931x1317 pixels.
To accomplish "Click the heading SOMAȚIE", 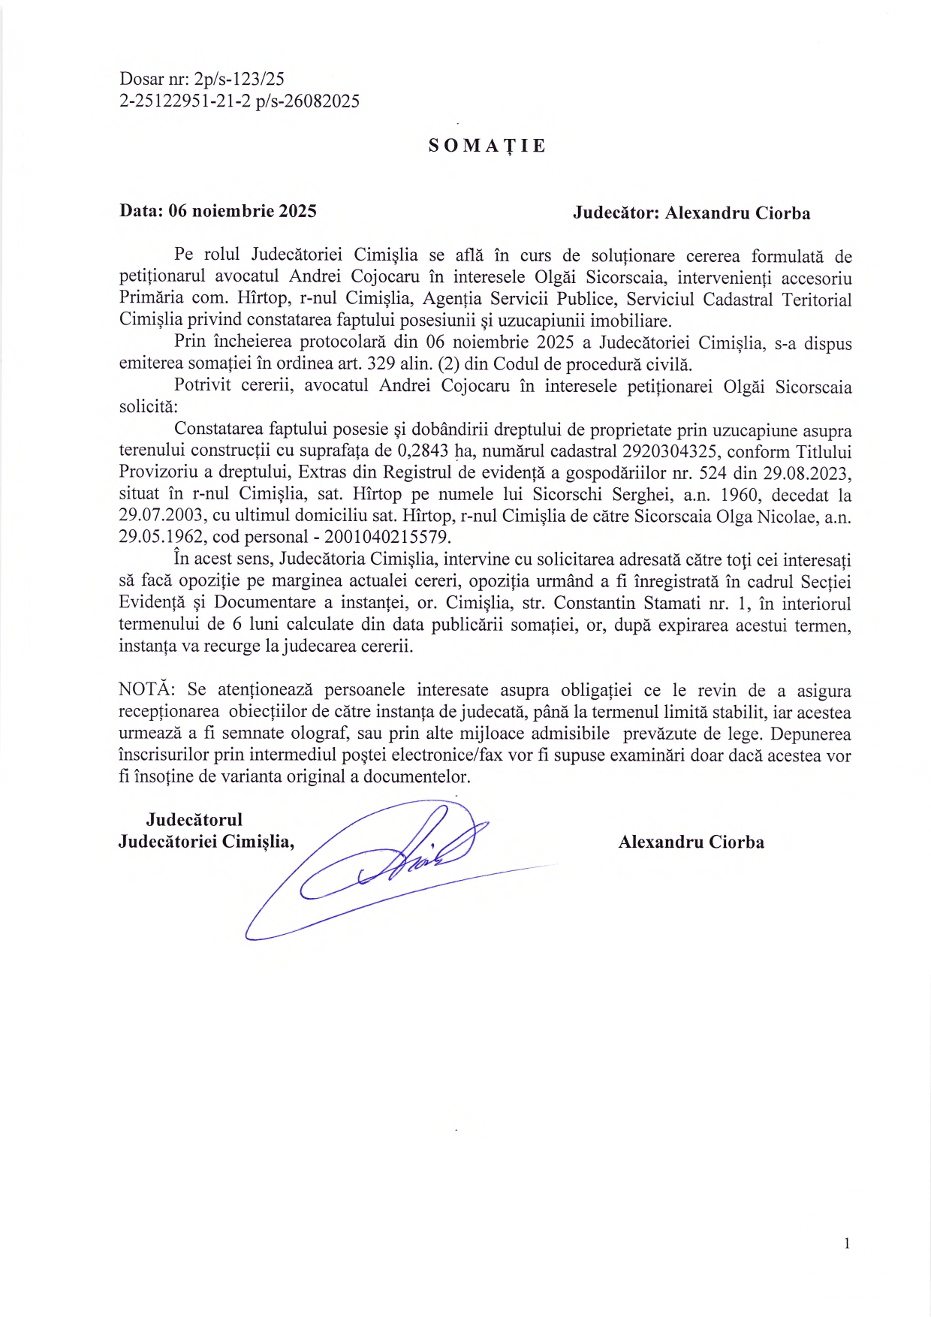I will tap(487, 146).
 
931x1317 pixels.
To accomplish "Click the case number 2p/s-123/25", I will tap(239, 79).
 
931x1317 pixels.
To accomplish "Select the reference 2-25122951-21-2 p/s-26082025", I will tap(239, 101).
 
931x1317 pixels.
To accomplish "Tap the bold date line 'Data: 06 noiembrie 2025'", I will tap(218, 211).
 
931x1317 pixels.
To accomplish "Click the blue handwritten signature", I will tap(390, 863).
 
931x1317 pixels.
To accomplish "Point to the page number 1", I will tap(847, 1243).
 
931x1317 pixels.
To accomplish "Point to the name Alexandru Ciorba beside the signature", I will tap(691, 842).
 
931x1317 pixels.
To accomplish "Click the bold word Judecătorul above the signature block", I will tap(194, 820).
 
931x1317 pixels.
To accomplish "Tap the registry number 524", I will tap(713, 473).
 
